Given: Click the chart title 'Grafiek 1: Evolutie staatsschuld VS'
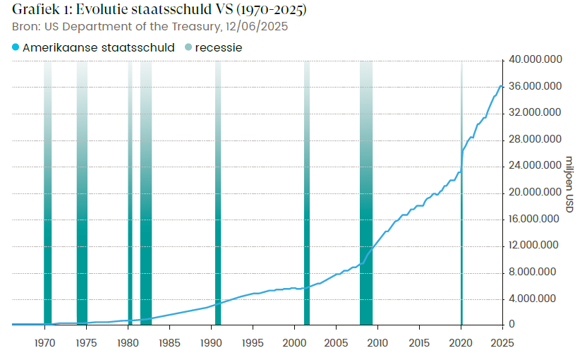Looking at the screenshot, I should (159, 11).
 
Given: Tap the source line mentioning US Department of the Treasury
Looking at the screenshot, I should (150, 27).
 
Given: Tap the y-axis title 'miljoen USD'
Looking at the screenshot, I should (569, 184).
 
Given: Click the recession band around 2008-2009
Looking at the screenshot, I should (365, 212).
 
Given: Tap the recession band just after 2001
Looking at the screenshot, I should (307, 212).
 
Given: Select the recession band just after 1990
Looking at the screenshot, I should (218, 212).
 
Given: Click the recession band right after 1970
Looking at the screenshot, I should (48, 212).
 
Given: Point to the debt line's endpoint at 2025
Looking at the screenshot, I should (502, 85).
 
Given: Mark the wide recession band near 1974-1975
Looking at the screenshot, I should (82, 212).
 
